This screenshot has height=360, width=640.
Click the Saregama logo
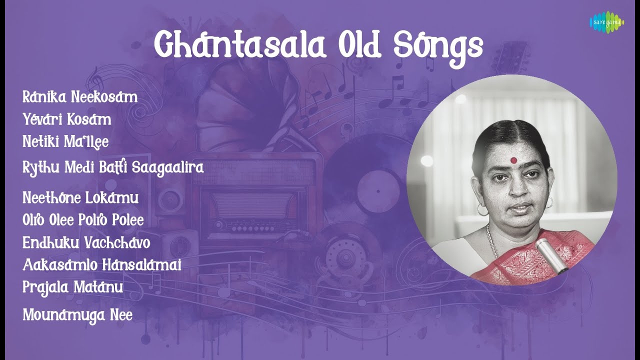(x=606, y=22)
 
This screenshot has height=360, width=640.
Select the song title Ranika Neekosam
(x=80, y=97)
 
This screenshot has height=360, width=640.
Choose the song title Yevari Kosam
(x=67, y=119)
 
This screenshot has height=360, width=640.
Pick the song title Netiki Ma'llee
(x=65, y=142)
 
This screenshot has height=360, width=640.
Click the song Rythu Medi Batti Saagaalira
(x=113, y=167)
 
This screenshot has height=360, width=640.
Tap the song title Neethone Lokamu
(x=80, y=197)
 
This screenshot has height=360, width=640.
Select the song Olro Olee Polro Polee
(x=83, y=220)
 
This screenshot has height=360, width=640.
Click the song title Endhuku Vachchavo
(x=86, y=242)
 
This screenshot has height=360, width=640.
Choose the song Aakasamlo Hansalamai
(x=101, y=265)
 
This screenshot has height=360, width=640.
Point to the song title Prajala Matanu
(x=73, y=287)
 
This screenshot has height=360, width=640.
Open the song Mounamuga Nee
(x=77, y=315)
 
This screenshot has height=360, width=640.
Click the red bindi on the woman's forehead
(x=513, y=161)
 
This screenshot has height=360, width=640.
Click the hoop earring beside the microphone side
(x=549, y=202)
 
